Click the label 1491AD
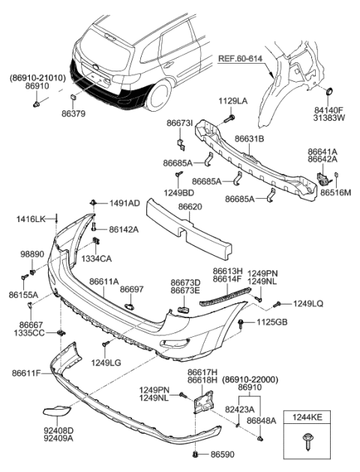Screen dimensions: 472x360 click(x=124, y=203)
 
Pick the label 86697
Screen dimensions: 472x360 click(x=132, y=288)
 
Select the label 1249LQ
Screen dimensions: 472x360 click(x=307, y=303)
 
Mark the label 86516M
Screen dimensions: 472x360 click(x=336, y=192)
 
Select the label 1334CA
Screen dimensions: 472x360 click(x=97, y=257)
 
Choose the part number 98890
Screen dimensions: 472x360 click(x=32, y=256)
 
